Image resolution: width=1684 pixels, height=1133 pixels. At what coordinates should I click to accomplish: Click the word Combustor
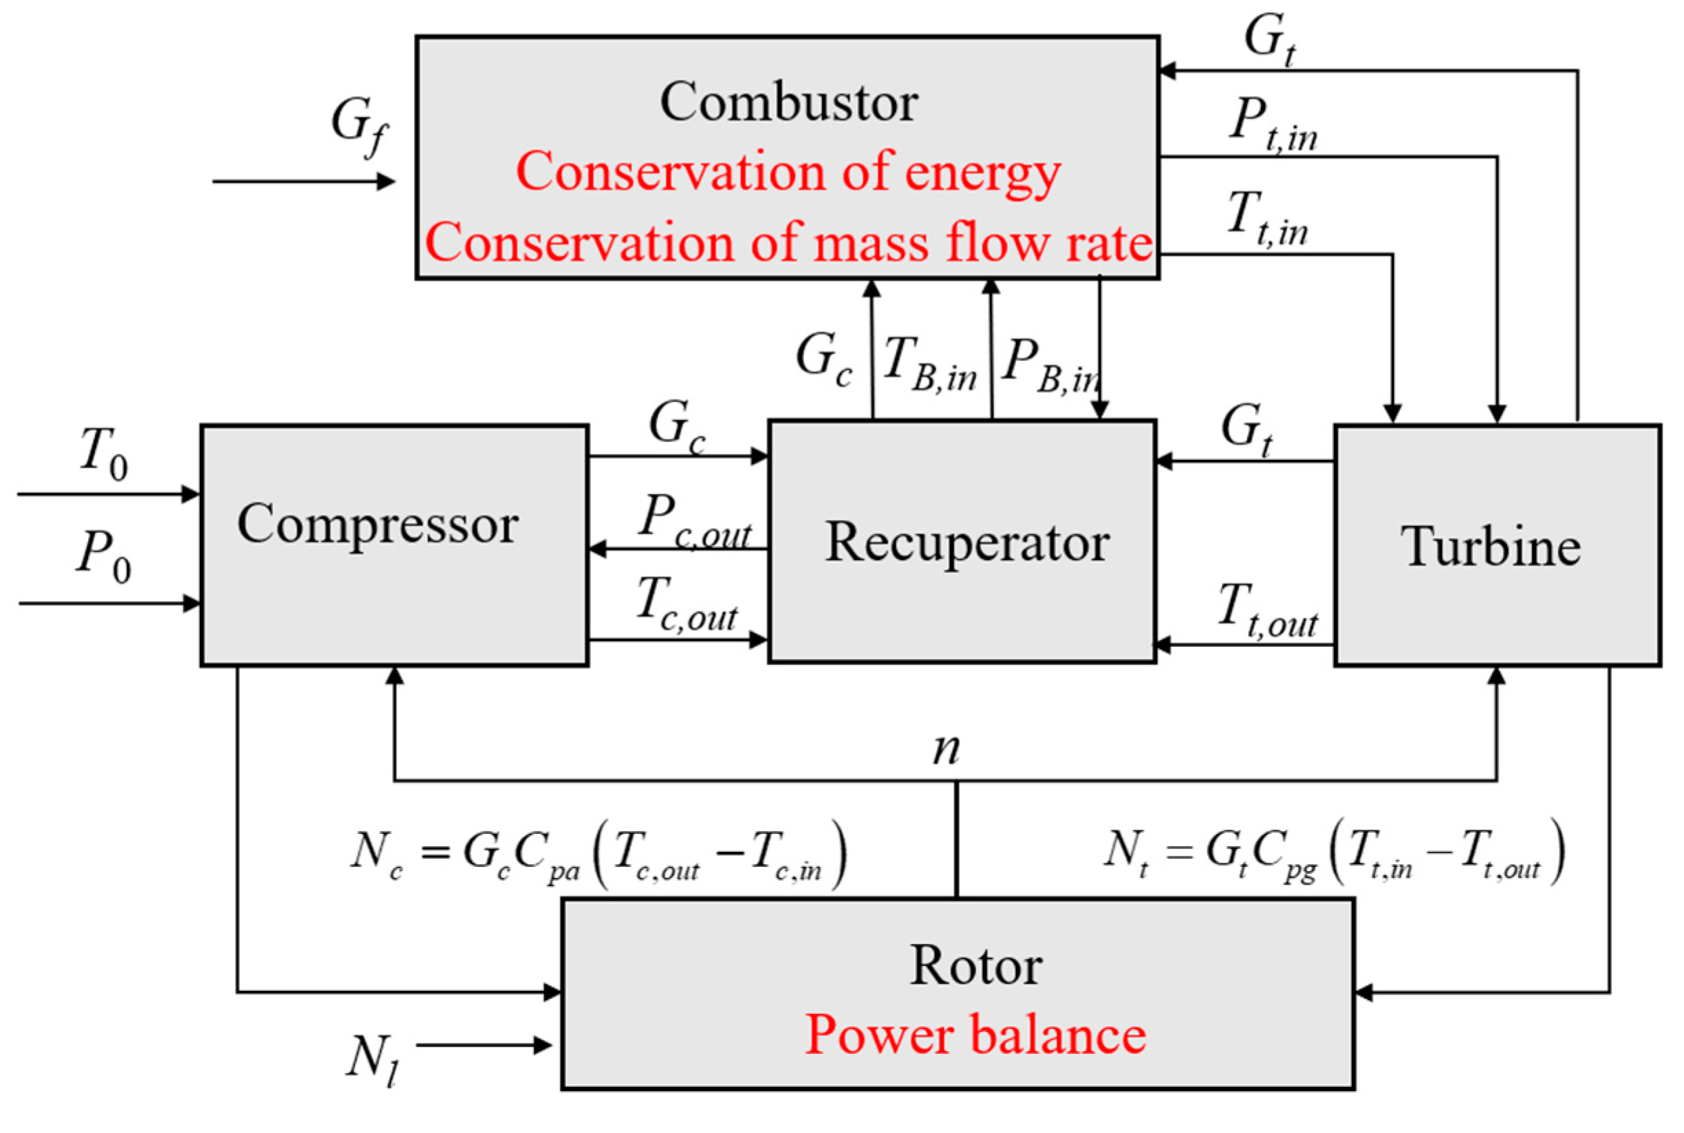[x=788, y=101]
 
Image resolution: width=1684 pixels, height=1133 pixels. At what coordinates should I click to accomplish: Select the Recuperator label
[x=967, y=542]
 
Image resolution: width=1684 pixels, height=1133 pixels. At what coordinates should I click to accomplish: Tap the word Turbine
[x=1490, y=547]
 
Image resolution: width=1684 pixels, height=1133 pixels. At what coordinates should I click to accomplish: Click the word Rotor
[x=975, y=965]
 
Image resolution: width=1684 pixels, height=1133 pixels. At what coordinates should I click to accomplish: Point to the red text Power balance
[x=975, y=1034]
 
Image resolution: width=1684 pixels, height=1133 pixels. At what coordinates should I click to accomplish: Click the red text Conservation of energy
[x=788, y=172]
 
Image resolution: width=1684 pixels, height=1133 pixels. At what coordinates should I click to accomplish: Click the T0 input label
[x=103, y=453]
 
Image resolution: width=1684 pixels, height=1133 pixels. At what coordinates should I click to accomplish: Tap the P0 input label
[x=103, y=555]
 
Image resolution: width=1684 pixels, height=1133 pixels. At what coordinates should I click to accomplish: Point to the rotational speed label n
[x=947, y=749]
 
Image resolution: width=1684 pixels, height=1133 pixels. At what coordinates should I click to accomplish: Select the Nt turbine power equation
[x=1334, y=851]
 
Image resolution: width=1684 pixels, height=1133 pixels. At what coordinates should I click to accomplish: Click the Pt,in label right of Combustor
[x=1273, y=124]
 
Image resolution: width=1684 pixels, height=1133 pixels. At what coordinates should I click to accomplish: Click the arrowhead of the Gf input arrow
[x=387, y=181]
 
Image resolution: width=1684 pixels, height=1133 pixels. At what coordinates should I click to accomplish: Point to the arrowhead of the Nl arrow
[x=543, y=1045]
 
